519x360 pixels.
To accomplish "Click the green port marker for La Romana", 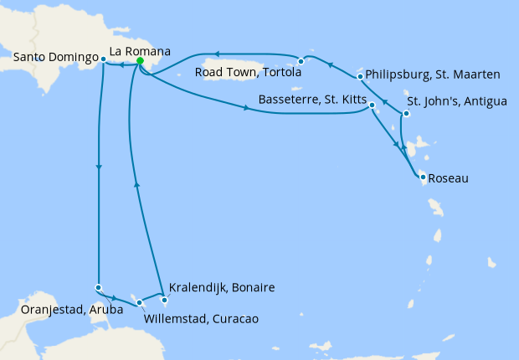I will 140,61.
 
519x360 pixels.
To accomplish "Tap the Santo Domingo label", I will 55,58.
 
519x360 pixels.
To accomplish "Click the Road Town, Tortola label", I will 247,73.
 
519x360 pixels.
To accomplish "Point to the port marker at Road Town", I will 301,61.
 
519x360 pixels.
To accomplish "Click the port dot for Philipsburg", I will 360,77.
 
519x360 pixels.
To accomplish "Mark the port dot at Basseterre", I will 372,105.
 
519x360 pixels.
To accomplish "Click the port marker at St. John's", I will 405,114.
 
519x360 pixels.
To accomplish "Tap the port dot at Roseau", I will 423,177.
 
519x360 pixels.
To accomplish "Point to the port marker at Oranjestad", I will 99,288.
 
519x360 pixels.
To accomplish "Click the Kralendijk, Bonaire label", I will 222,287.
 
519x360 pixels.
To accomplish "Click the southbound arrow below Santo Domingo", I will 100,167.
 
